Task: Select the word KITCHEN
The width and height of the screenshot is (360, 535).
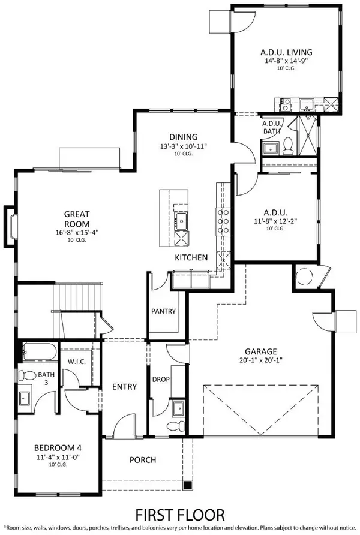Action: (x=191, y=257)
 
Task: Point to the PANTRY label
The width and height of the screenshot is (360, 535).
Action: (x=163, y=311)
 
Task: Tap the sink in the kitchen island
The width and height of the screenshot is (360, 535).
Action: (x=180, y=222)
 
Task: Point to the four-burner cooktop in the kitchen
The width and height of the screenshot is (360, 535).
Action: (x=223, y=221)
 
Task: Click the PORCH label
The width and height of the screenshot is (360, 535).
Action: (x=143, y=460)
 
